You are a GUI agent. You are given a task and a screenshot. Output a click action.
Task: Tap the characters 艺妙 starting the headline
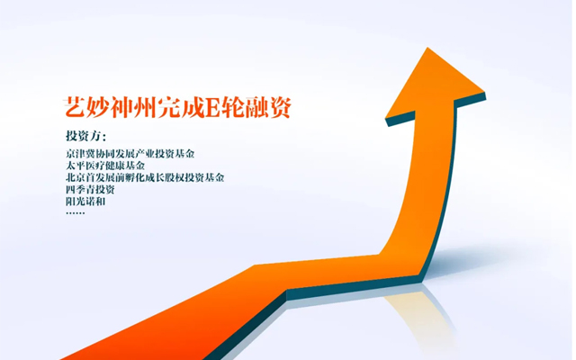[x=86, y=108]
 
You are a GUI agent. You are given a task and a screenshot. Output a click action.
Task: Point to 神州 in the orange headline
[x=133, y=108]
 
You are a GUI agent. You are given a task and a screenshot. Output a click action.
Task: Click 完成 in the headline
[x=180, y=108]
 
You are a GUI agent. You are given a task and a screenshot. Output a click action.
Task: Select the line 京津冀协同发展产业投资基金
[x=130, y=154]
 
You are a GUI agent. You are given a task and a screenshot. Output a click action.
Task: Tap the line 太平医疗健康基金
[x=105, y=166]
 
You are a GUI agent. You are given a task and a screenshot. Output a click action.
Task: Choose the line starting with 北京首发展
[x=145, y=178]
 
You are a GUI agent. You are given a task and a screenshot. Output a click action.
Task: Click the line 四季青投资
[x=90, y=190]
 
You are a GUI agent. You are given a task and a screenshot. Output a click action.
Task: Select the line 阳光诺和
[x=85, y=202]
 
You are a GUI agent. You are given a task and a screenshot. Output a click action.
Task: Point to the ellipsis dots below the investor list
[x=76, y=212]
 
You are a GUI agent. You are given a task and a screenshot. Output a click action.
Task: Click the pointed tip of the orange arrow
[x=427, y=48]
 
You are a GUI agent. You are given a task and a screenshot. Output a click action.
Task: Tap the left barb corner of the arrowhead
[x=385, y=118]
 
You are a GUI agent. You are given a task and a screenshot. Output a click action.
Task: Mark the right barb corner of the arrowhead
[x=484, y=92]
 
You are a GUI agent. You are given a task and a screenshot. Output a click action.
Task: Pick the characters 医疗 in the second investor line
[x=95, y=166]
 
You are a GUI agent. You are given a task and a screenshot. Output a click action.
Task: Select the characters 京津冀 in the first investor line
[x=80, y=154]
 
